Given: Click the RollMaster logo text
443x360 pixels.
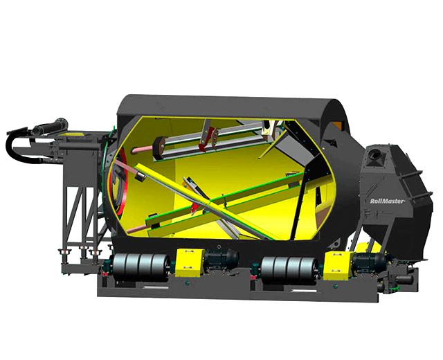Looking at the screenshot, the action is point(388,201).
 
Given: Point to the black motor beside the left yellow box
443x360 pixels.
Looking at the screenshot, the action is point(221,259).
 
